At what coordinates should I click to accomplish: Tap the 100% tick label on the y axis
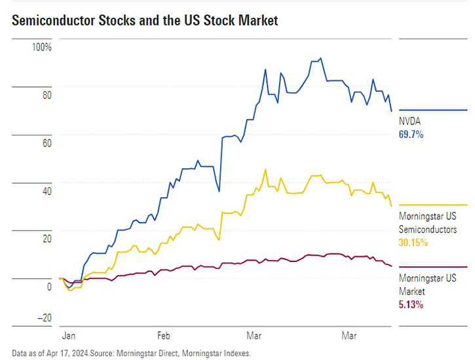pyautogui.click(x=42, y=48)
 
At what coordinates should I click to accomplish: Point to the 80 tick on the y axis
pyautogui.click(x=47, y=95)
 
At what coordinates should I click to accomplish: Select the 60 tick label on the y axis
pyautogui.click(x=47, y=143)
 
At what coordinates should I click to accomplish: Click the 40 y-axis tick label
pyautogui.click(x=47, y=191)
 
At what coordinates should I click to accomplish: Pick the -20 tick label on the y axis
pyautogui.click(x=43, y=317)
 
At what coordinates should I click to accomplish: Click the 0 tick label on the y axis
pyautogui.click(x=48, y=287)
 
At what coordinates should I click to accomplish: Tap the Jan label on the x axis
pyautogui.click(x=69, y=335)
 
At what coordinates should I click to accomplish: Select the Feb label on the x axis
pyautogui.click(x=164, y=335)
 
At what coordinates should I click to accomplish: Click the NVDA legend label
pyautogui.click(x=410, y=122)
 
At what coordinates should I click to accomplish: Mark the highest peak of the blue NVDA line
pyautogui.click(x=320, y=58)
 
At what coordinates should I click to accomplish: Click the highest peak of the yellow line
pyautogui.click(x=265, y=170)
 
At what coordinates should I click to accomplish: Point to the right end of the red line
pyautogui.click(x=392, y=266)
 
